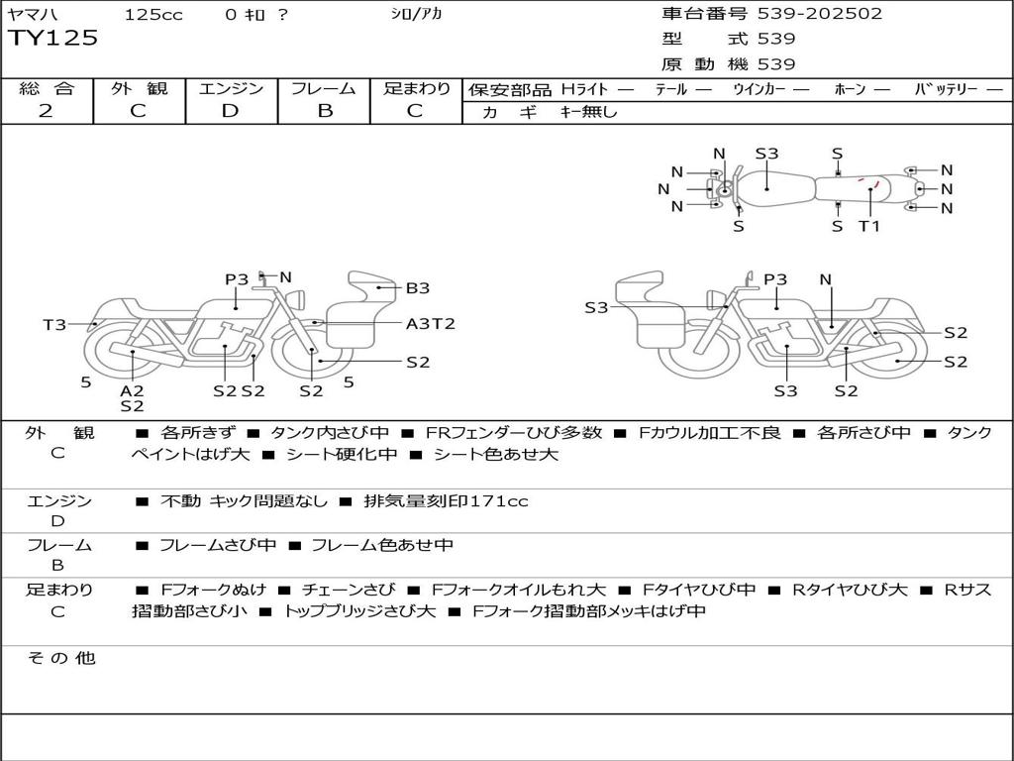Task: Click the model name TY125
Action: (53, 39)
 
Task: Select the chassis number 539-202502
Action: (819, 14)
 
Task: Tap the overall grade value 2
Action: (46, 111)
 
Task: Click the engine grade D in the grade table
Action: (231, 111)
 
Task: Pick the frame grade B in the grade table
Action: (324, 111)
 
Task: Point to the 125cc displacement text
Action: (153, 15)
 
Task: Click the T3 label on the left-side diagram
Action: (54, 325)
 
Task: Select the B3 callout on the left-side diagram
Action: (418, 288)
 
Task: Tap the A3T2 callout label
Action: (431, 324)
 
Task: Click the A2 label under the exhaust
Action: (132, 390)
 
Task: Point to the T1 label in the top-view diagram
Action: (868, 226)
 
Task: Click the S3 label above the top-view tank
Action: (766, 154)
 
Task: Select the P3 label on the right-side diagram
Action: (775, 279)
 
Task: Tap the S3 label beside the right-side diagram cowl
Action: (596, 308)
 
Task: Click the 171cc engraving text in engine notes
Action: (499, 501)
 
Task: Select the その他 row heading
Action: (60, 658)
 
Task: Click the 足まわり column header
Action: (417, 89)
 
